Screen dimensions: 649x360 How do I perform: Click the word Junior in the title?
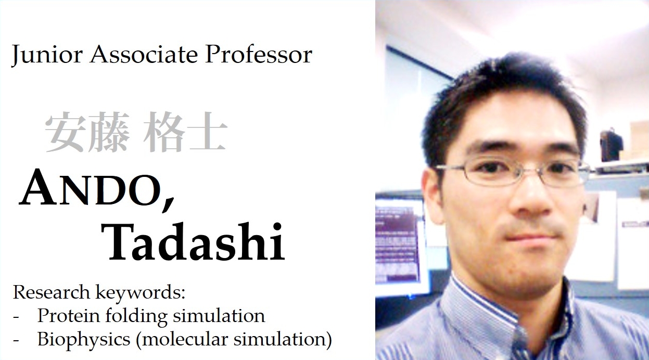coord(47,55)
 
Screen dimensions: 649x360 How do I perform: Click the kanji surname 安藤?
coord(87,132)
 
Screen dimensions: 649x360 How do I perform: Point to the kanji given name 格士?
coord(185,132)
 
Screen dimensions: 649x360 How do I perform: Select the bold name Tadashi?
coord(193,241)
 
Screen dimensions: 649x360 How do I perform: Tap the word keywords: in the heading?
coord(141,293)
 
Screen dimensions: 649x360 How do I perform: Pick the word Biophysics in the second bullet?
coord(84,339)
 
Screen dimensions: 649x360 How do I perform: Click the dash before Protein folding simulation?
coord(16,317)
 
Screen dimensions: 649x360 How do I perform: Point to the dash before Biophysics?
coord(16,341)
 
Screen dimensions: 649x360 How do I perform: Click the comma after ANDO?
coord(168,203)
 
